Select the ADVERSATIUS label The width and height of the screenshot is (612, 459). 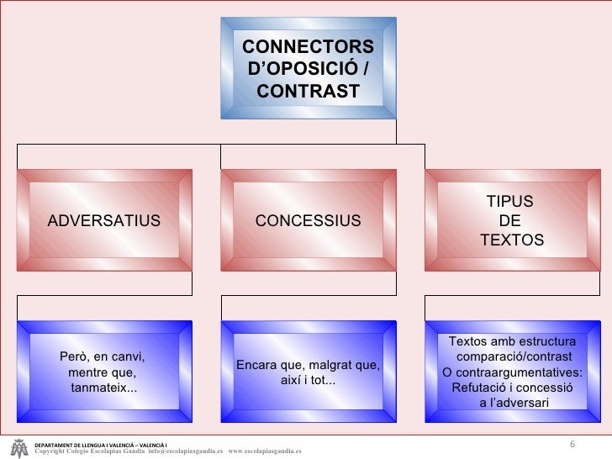[103, 221]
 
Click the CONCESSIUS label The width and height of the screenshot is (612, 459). [308, 221]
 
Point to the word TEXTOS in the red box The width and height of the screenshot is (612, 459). [511, 241]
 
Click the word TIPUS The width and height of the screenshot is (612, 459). [510, 202]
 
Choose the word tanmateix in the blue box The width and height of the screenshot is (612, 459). [101, 388]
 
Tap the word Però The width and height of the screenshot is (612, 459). [74, 356]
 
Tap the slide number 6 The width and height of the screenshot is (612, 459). [572, 444]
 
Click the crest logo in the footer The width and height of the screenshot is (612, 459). [18, 447]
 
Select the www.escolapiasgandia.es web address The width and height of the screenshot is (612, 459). [265, 451]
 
